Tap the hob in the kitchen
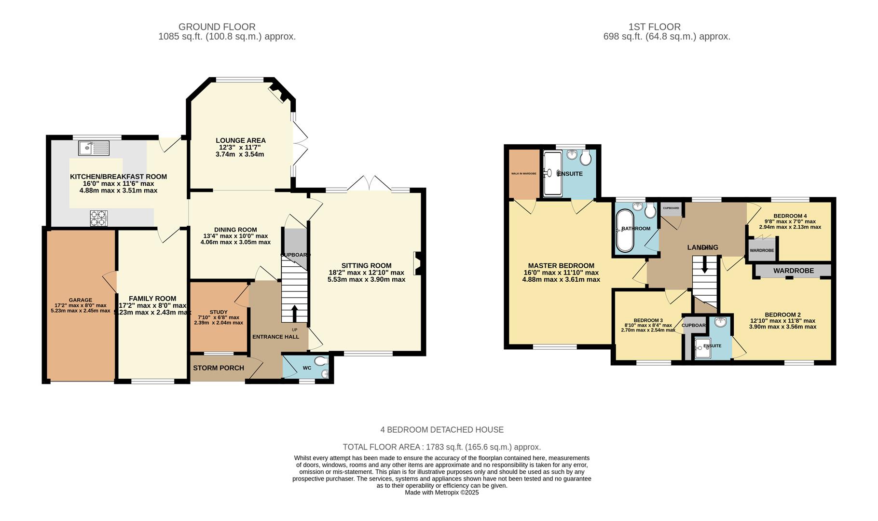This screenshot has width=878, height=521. pyautogui.click(x=98, y=218)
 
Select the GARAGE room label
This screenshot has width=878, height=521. pyautogui.click(x=80, y=300)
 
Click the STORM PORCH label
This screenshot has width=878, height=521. pyautogui.click(x=218, y=368)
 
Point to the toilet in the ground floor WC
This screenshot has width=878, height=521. pyautogui.click(x=320, y=361)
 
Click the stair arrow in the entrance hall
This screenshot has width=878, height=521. pyautogui.click(x=294, y=313)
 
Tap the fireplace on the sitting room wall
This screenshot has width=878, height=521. pyautogui.click(x=417, y=263)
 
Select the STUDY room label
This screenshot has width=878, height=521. pyautogui.click(x=218, y=312)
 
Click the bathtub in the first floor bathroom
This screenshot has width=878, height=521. pyautogui.click(x=624, y=231)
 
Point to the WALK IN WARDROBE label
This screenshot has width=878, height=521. pyautogui.click(x=523, y=174)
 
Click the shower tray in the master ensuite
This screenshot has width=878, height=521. pyautogui.click(x=552, y=174)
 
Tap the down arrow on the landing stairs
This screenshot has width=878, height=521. pyautogui.click(x=705, y=264)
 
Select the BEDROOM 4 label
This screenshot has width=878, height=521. pyautogui.click(x=790, y=216)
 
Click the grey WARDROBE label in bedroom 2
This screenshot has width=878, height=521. pyautogui.click(x=793, y=271)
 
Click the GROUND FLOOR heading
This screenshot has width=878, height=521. pyautogui.click(x=217, y=27)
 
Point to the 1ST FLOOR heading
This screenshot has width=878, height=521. pyautogui.click(x=661, y=27)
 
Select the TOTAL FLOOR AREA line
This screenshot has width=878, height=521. pyautogui.click(x=441, y=447)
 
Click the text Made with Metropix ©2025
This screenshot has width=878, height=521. pyautogui.click(x=441, y=493)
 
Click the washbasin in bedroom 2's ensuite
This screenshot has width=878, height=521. pyautogui.click(x=720, y=322)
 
